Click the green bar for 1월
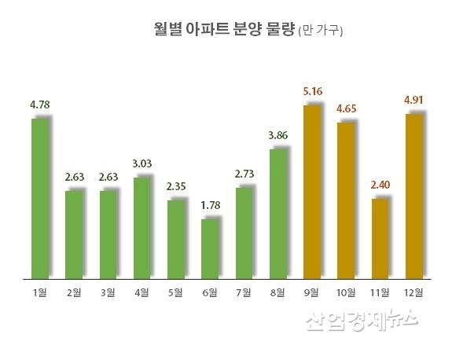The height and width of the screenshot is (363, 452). point(40,199)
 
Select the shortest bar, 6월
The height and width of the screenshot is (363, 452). point(210,249)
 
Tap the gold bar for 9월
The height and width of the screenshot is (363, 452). point(311,192)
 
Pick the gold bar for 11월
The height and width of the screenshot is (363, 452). point(380,239)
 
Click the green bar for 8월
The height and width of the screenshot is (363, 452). point(277,214)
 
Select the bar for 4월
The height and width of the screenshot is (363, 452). point(142,228)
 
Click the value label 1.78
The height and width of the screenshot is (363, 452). point(211,206)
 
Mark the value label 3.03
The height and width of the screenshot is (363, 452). point(142,163)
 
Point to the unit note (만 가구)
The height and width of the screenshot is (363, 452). point(320,32)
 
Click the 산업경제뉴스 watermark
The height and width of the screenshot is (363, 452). point(361,322)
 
